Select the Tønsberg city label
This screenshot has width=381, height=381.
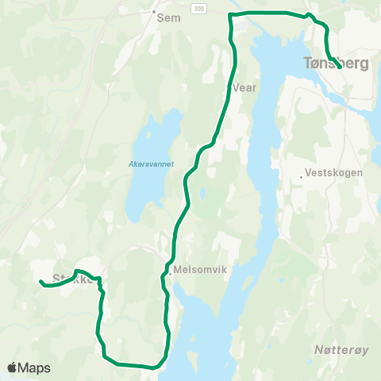(x=336, y=63)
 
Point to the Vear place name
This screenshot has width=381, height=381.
(x=245, y=88)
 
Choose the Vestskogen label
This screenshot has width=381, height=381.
(x=333, y=172)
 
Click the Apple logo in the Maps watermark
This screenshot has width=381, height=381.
(x=13, y=368)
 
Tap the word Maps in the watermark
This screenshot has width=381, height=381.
(x=35, y=368)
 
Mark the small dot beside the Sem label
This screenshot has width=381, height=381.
(x=153, y=13)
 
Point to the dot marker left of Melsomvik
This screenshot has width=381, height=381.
(x=170, y=275)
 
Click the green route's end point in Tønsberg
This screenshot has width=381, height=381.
(x=340, y=67)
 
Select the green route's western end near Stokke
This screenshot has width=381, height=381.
(x=40, y=281)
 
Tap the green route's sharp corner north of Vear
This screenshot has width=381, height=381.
(x=229, y=14)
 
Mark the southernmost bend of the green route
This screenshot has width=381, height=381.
(x=154, y=368)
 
